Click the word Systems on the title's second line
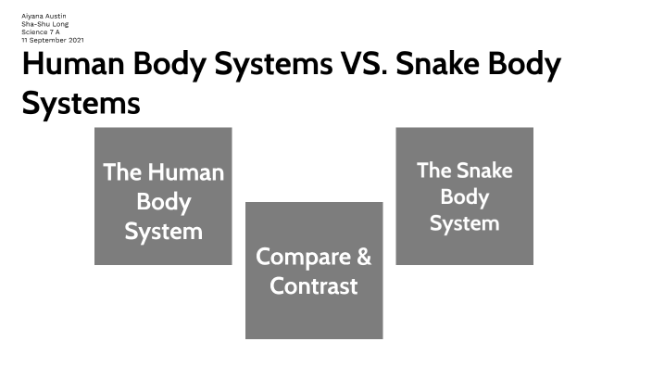(81, 102)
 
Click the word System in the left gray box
(163, 231)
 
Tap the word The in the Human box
(121, 172)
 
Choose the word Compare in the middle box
(301, 256)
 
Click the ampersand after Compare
(362, 256)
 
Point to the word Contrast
(314, 285)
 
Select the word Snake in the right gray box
(484, 170)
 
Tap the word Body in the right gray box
(465, 196)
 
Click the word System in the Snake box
(465, 223)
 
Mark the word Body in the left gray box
(163, 201)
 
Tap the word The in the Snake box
(433, 170)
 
